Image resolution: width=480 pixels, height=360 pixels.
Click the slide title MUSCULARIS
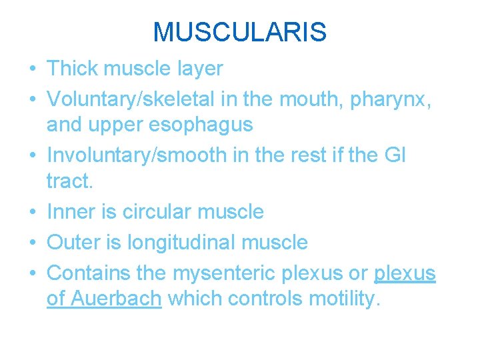tap(239, 32)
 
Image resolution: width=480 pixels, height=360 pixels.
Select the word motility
tap(345, 299)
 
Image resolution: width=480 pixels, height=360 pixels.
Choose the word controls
tap(265, 299)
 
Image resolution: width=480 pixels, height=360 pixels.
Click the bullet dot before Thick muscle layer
tap(33, 69)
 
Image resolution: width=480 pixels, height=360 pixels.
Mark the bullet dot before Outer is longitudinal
tap(33, 242)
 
